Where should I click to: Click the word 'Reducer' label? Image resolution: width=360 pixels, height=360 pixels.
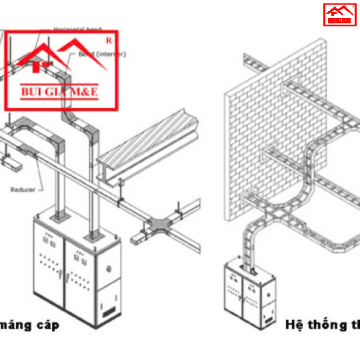pos(22,189)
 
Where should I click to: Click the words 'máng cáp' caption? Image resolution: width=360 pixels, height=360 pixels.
pos(29,325)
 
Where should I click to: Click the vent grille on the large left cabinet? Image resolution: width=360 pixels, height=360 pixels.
pos(108,310)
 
